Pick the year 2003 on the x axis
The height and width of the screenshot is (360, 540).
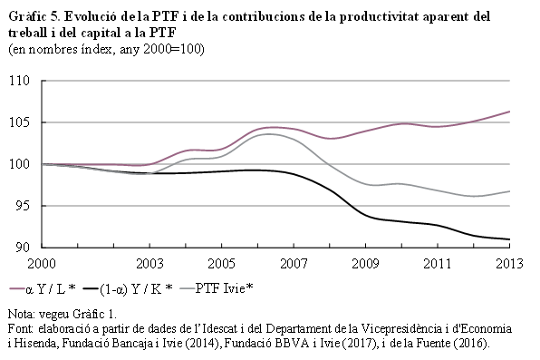click(x=149, y=264)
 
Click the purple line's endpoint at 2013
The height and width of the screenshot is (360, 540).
click(x=510, y=112)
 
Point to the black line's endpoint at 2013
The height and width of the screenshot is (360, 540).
click(x=510, y=239)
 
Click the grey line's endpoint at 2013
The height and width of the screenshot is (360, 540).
click(x=510, y=191)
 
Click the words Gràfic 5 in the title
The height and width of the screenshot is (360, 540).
click(x=32, y=16)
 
